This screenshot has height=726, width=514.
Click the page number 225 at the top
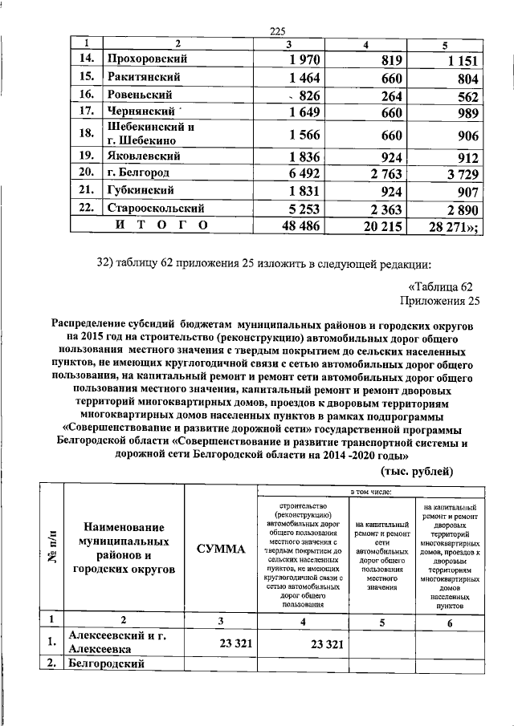click(278, 31)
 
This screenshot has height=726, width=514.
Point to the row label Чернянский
click(144, 112)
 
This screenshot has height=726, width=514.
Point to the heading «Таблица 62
click(443, 286)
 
